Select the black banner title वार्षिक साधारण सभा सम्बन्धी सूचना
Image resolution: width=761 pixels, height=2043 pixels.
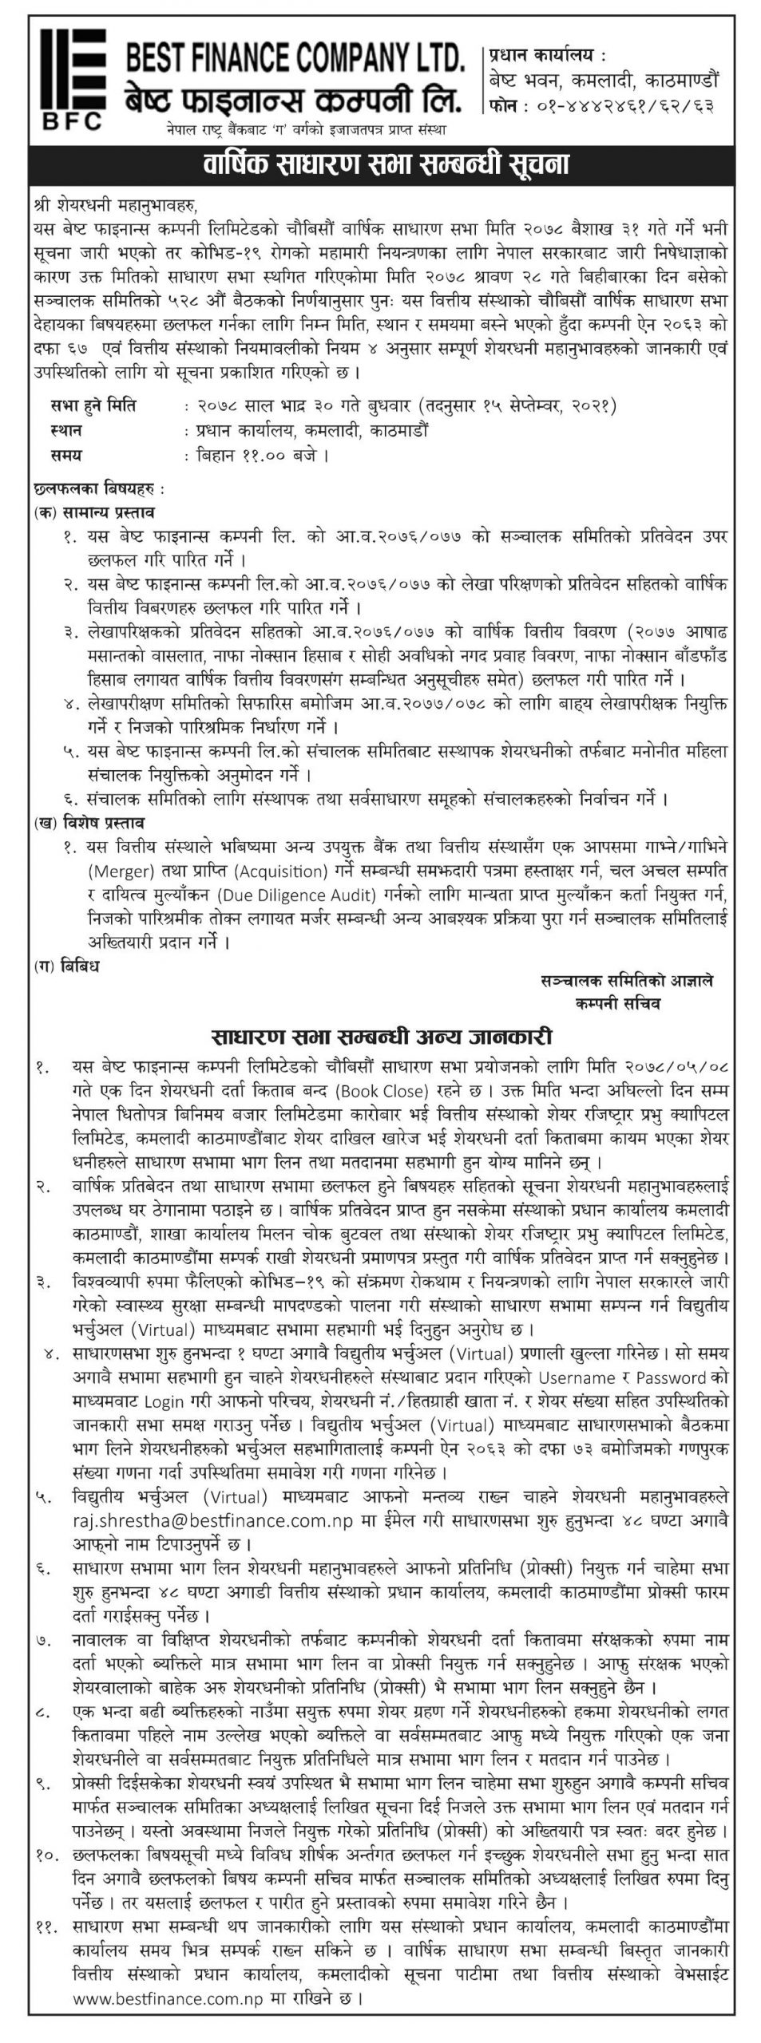point(380,166)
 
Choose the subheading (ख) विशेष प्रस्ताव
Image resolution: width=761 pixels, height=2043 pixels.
point(95,821)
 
